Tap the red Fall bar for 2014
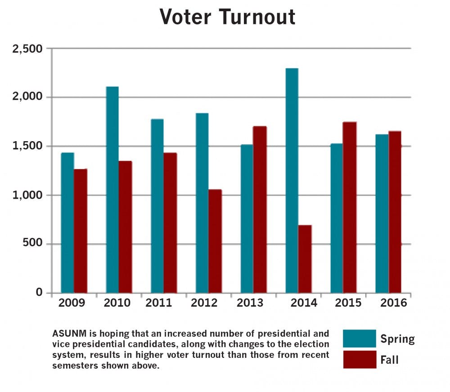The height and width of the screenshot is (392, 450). click(305, 259)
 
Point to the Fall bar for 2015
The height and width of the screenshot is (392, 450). click(350, 207)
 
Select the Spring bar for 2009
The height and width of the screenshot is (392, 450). click(67, 223)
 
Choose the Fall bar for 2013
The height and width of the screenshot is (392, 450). click(260, 209)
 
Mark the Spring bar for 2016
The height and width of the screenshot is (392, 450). click(382, 214)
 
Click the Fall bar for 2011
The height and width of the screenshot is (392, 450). click(170, 223)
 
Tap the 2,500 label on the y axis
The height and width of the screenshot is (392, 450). click(27, 49)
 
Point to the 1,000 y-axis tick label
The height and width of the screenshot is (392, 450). click(27, 195)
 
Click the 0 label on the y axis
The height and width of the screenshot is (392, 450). click(39, 293)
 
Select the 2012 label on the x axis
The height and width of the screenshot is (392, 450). click(204, 303)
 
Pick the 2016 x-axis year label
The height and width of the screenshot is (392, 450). click(393, 303)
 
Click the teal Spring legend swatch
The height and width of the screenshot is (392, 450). click(359, 339)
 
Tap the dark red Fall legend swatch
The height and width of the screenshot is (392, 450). click(359, 360)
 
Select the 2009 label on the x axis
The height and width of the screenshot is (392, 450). click(72, 303)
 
